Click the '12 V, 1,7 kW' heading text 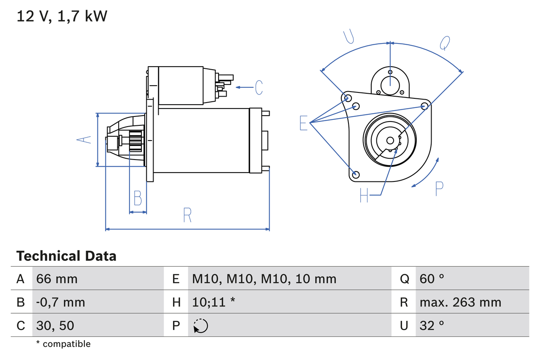click(62, 16)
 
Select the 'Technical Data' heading click(66, 256)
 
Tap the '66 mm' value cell click(57, 279)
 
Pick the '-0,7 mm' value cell click(61, 302)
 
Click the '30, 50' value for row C click(55, 325)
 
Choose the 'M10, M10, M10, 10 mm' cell click(264, 279)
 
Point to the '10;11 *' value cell click(213, 302)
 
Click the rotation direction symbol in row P click(201, 326)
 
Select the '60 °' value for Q click(432, 279)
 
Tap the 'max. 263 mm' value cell click(460, 302)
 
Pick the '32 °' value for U click(432, 325)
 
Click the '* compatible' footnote click(63, 344)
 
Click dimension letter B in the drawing click(138, 198)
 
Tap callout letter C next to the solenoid click(259, 87)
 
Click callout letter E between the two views click(303, 123)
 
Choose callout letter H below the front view click(364, 195)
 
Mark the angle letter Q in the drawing click(445, 43)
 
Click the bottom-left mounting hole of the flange click(356, 174)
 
